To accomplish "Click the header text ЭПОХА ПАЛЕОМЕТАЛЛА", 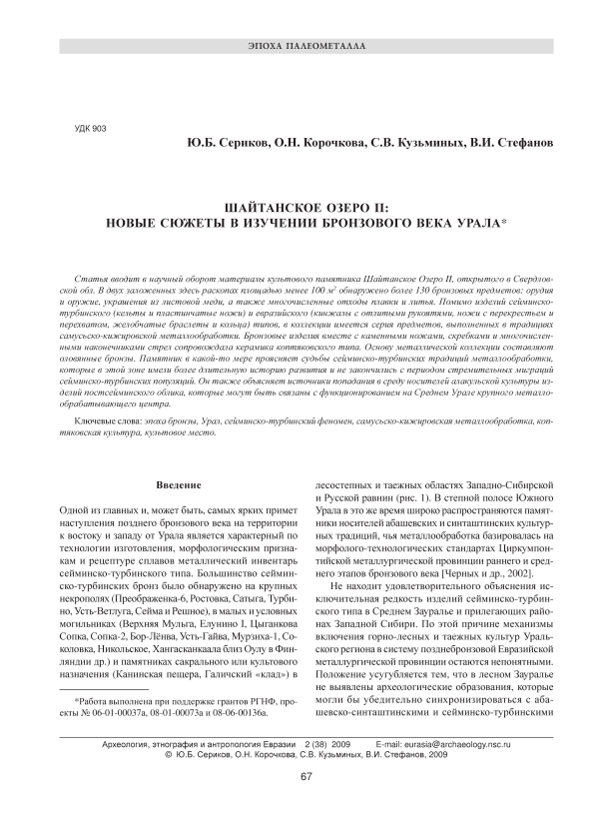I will pos(305,47).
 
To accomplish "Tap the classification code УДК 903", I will pos(92,129).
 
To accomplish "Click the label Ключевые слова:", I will pos(108,424).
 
